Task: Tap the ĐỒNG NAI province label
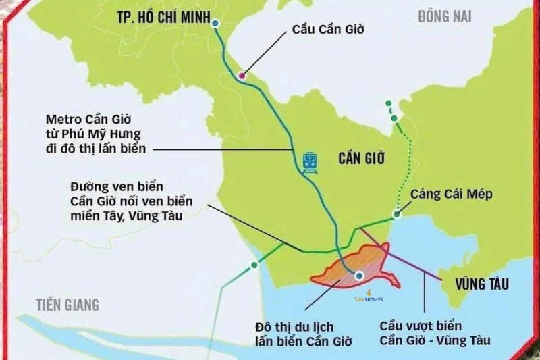coord(444,16)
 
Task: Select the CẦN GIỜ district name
coord(361,159)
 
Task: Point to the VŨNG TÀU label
coord(481,282)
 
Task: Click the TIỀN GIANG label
coord(67,304)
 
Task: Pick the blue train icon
coord(310,163)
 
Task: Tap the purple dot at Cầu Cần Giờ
coord(242,75)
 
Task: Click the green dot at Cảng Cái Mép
coord(397,215)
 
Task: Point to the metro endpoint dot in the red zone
coord(359,275)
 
